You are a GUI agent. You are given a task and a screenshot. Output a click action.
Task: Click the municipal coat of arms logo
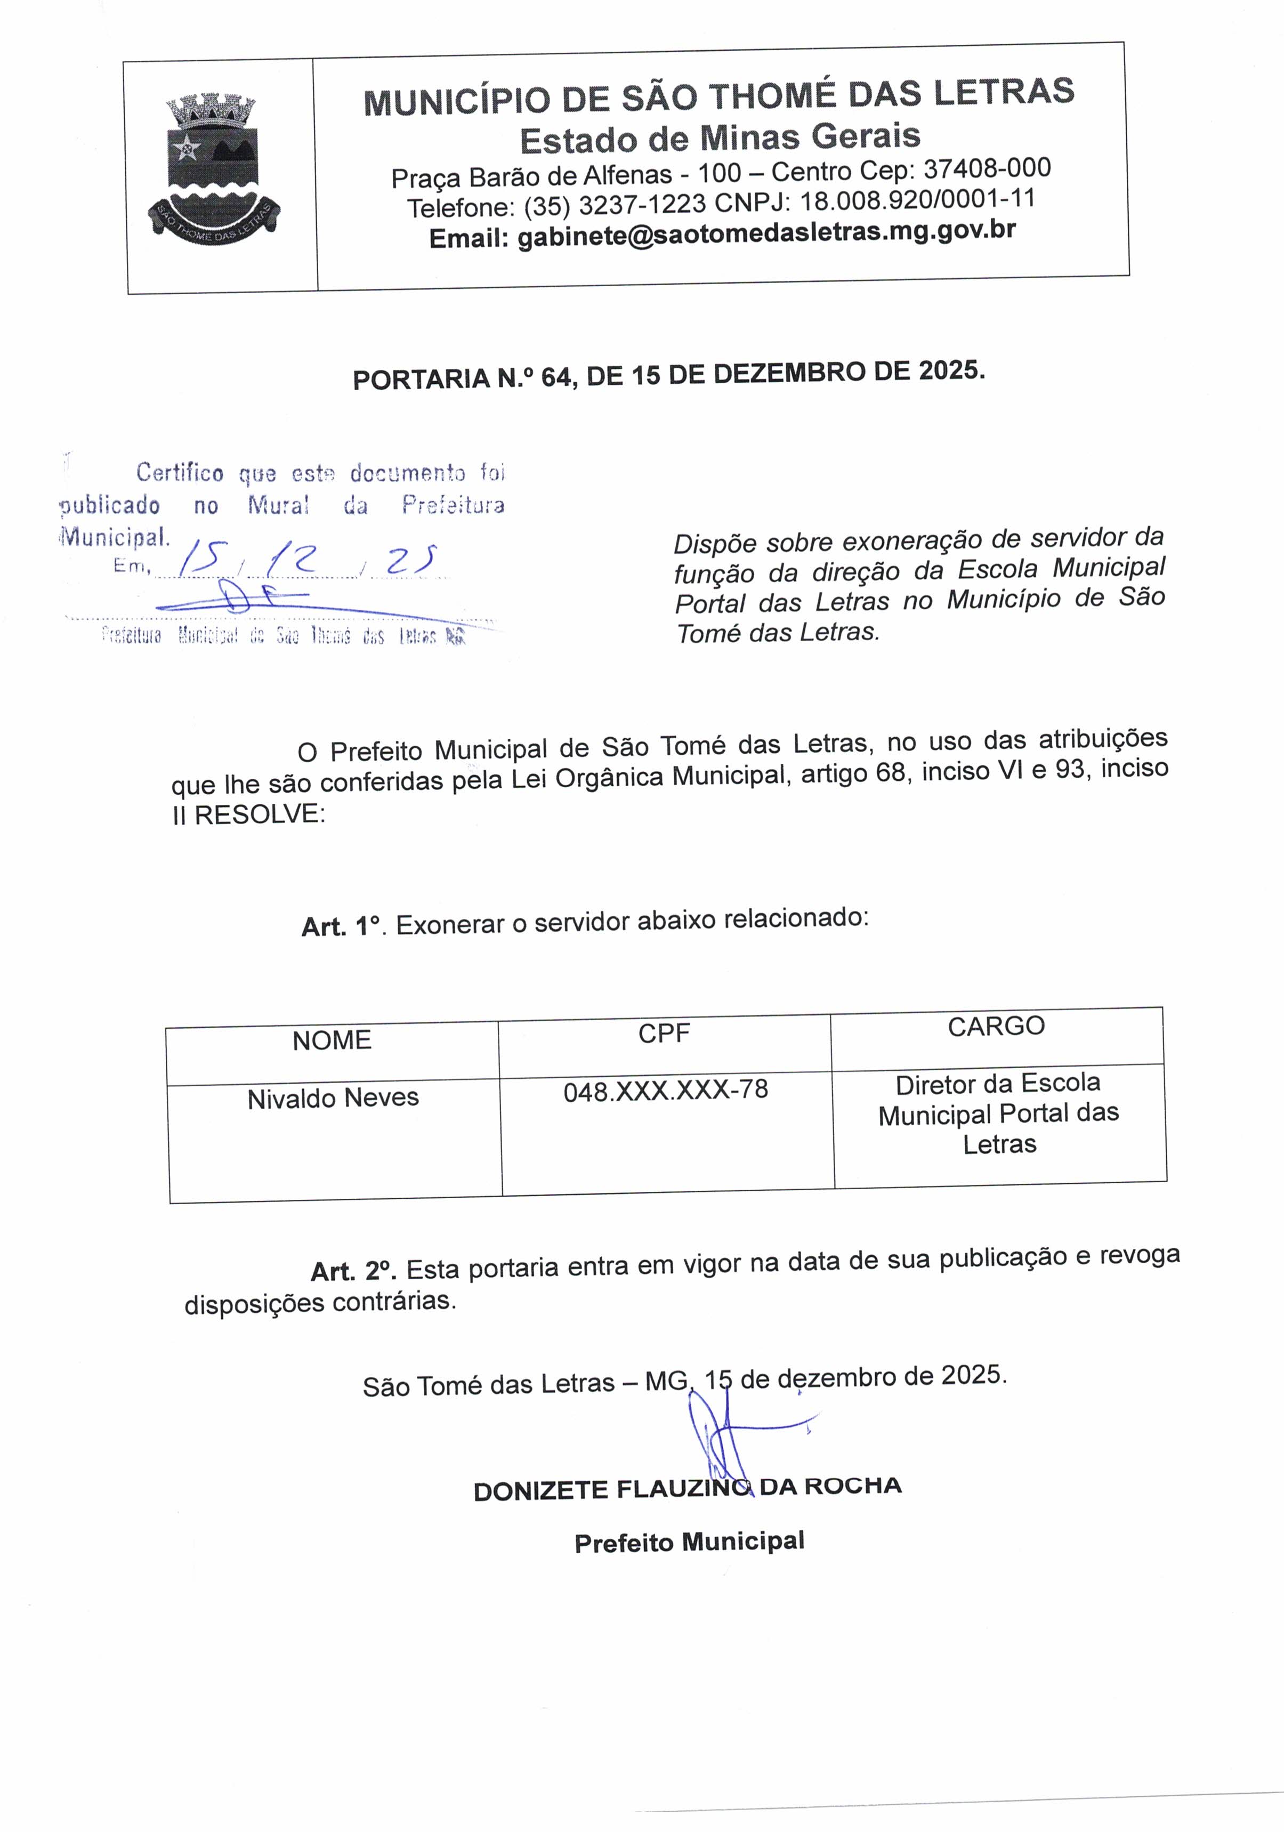click(x=214, y=169)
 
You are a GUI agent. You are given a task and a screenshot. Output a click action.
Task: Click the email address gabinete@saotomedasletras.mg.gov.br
click(x=766, y=233)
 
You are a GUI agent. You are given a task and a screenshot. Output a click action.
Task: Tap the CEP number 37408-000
click(x=987, y=168)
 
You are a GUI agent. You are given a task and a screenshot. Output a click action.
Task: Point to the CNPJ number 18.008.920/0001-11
click(x=918, y=199)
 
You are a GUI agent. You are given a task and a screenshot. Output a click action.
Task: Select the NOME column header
click(x=332, y=1040)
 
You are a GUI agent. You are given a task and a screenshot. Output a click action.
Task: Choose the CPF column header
click(x=664, y=1034)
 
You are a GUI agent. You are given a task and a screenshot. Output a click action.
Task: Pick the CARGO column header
click(x=996, y=1026)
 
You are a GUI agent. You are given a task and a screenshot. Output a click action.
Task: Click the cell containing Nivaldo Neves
click(x=333, y=1099)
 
